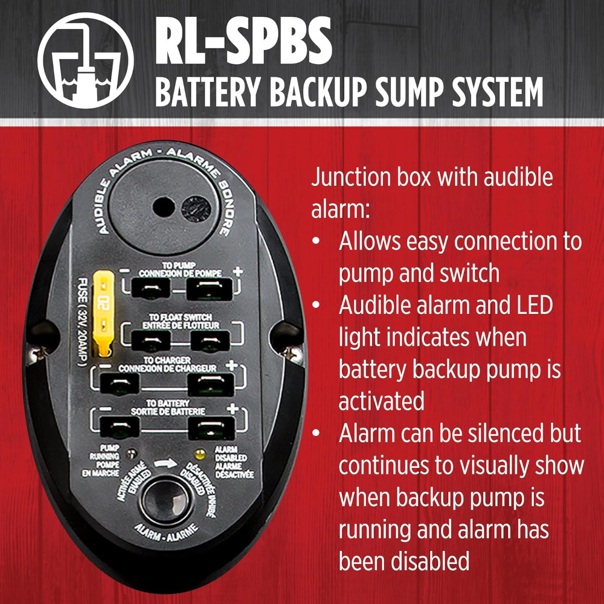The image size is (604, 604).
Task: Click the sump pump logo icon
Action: coord(86,60)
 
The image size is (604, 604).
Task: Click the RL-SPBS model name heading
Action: coord(243,40)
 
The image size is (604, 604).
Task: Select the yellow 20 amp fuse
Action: coord(103,313)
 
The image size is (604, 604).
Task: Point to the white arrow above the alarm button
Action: coord(165,463)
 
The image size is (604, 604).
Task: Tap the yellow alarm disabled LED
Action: coord(200,455)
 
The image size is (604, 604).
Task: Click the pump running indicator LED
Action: coord(132,454)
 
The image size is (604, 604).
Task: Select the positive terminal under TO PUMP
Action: coord(209,289)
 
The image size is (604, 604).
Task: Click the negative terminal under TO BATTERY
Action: coord(120,427)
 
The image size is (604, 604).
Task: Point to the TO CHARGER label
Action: coord(167,360)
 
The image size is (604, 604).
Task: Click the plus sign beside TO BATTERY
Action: coord(233,408)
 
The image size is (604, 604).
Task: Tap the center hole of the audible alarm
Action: coord(163,207)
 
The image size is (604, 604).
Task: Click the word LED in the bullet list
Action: coord(533,305)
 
